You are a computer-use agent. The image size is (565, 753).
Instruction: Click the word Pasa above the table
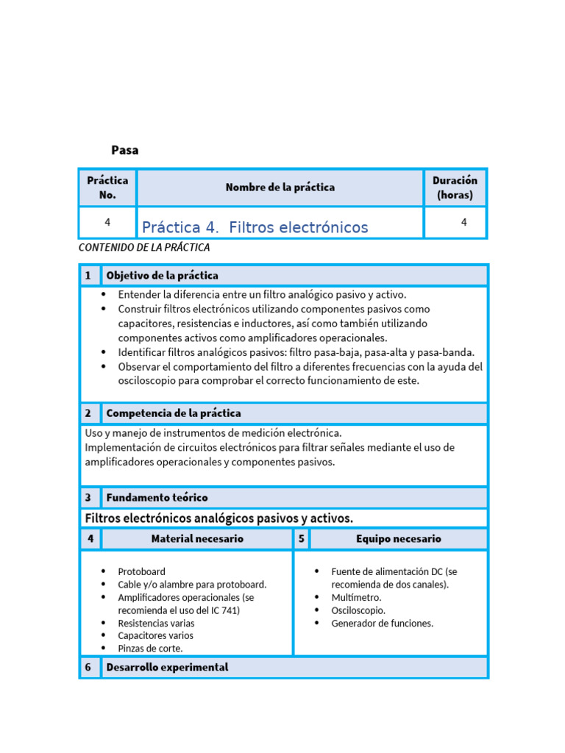tap(124, 150)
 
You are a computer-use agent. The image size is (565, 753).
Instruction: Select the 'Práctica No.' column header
tap(107, 188)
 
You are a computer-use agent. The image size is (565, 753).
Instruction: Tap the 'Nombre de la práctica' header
tap(280, 188)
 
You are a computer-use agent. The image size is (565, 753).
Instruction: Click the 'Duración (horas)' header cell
tap(455, 188)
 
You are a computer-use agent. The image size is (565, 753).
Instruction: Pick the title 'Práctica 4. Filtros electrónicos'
tap(255, 227)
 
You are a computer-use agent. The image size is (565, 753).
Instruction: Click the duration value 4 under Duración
tap(463, 222)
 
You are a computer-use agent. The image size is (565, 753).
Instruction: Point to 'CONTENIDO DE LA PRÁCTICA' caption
tap(144, 247)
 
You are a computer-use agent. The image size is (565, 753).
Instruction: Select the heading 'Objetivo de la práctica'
tap(162, 276)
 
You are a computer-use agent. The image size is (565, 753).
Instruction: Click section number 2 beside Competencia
tap(88, 413)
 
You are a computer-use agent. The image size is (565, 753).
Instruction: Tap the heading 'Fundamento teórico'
tap(157, 498)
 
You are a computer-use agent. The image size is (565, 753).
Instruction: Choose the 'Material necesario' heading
tap(197, 539)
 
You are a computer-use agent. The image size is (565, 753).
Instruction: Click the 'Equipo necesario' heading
tap(398, 539)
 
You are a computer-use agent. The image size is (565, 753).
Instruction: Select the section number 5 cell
tap(301, 539)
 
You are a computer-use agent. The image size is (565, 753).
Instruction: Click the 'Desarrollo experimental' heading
tap(167, 667)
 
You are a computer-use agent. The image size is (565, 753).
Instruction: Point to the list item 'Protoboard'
tap(141, 571)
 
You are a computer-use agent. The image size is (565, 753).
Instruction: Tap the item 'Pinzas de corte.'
tap(150, 649)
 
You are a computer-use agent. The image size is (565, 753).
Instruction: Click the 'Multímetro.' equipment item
tap(356, 597)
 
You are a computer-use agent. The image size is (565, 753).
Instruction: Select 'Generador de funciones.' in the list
tap(382, 623)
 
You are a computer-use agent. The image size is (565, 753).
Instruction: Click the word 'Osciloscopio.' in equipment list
tap(358, 610)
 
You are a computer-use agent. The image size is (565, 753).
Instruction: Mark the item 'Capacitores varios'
tap(155, 635)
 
